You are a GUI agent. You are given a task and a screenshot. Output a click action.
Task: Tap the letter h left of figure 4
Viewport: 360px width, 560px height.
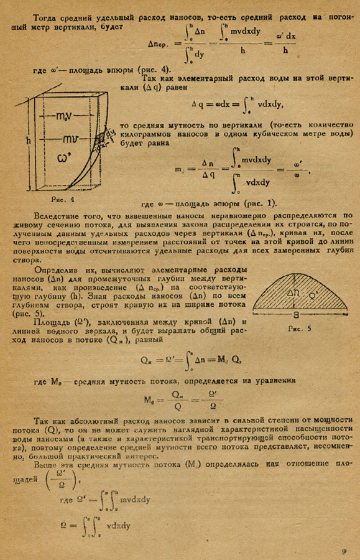(x=29, y=141)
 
